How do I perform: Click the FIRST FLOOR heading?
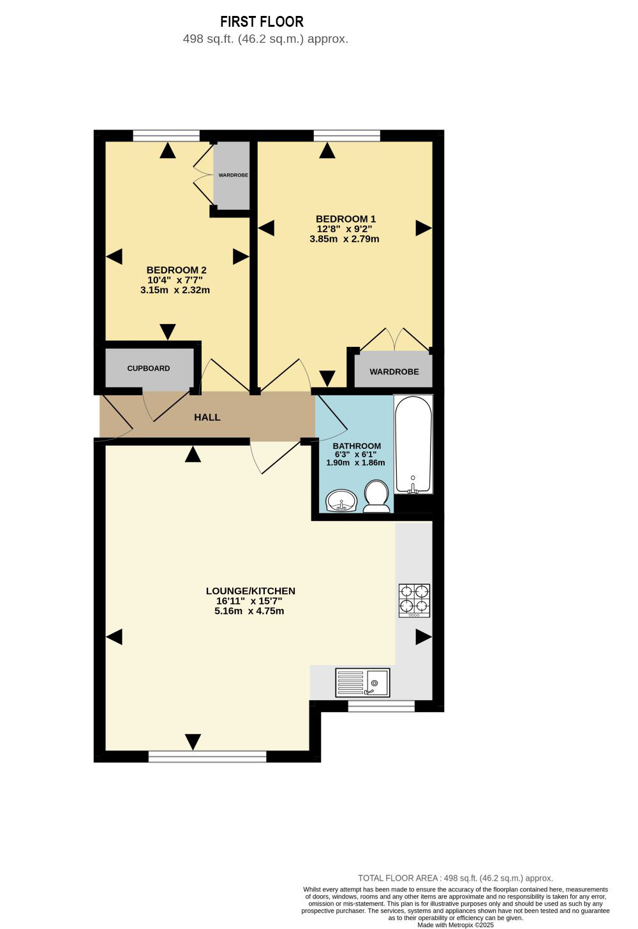(x=262, y=21)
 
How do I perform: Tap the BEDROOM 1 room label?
(x=345, y=219)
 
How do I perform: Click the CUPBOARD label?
(x=148, y=369)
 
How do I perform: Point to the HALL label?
(x=207, y=417)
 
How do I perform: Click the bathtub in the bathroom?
(x=413, y=444)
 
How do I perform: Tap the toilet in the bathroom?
(x=376, y=497)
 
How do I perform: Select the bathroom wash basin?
(x=341, y=501)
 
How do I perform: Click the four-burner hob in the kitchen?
(x=414, y=601)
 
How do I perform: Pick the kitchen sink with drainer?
(x=362, y=682)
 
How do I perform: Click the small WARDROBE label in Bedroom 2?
(x=234, y=175)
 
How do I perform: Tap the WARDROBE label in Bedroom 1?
(x=394, y=372)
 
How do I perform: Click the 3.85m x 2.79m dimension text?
(x=344, y=239)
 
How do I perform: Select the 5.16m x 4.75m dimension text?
(x=249, y=611)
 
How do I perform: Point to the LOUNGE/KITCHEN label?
(x=251, y=591)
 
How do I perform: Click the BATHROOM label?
(x=357, y=446)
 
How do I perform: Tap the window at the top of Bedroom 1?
(x=346, y=136)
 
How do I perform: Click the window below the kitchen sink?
(x=381, y=706)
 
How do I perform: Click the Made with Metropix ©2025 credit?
(x=456, y=925)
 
